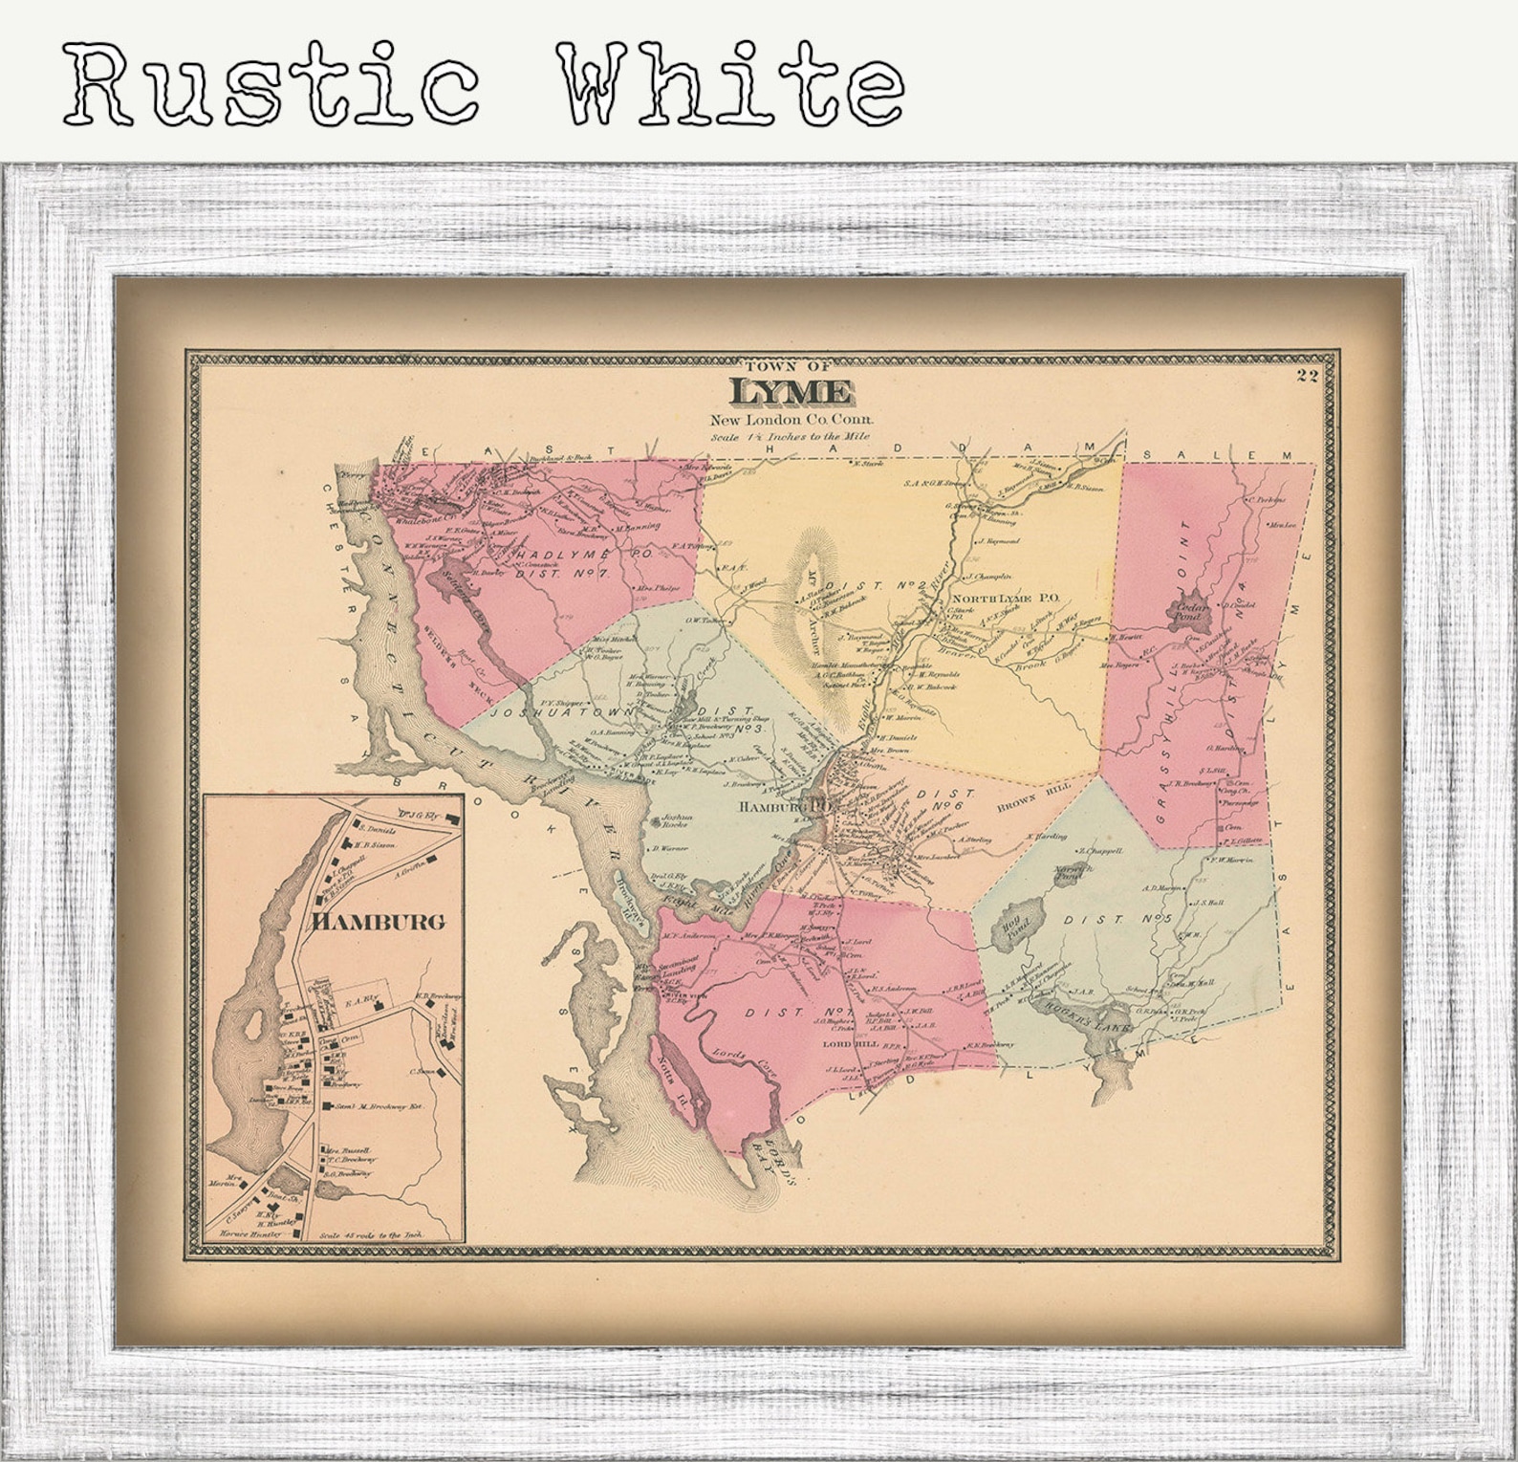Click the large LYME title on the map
pyautogui.click(x=791, y=393)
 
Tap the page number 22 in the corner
pyautogui.click(x=1308, y=375)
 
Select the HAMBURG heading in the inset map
pyautogui.click(x=379, y=922)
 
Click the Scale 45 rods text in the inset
pyautogui.click(x=379, y=1234)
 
